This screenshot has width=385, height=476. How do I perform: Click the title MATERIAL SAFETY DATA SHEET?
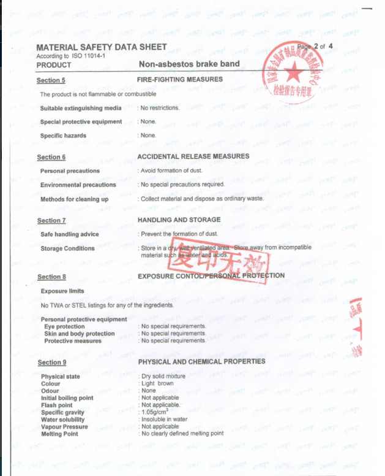[x=102, y=47]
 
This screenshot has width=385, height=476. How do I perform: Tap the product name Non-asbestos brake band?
[x=189, y=64]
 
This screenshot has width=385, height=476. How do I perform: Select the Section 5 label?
[x=51, y=80]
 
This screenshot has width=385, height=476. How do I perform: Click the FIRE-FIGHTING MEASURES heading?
[x=180, y=79]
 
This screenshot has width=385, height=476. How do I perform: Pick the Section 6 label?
[x=51, y=158]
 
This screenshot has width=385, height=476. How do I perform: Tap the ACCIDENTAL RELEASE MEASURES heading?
[x=193, y=156]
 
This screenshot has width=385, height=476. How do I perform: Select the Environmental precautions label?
[x=78, y=185]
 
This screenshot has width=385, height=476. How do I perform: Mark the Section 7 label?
[x=51, y=221]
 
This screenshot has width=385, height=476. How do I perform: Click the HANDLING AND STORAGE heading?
[x=179, y=220]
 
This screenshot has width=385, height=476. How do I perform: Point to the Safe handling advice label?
[x=69, y=234]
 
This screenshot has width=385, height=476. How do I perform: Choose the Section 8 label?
[x=51, y=277]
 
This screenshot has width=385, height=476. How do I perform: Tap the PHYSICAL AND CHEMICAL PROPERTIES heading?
[x=201, y=361]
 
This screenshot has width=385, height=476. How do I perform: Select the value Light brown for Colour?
[x=157, y=383]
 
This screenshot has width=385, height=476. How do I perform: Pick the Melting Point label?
[x=59, y=434]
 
